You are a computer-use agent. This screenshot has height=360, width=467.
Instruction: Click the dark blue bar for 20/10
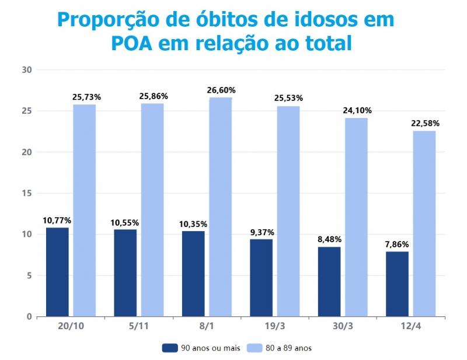click(x=57, y=272)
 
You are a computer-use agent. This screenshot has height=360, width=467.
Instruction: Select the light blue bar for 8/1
click(x=219, y=207)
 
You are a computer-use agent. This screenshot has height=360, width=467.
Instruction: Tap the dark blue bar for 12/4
click(x=397, y=284)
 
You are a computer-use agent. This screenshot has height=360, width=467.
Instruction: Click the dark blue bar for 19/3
click(x=261, y=278)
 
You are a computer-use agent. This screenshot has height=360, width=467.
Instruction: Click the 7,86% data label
click(x=398, y=244)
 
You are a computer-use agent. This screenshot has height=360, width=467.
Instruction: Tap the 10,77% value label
click(x=57, y=221)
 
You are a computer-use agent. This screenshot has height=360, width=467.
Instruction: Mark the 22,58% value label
click(x=424, y=124)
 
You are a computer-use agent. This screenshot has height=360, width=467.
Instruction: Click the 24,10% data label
click(x=356, y=111)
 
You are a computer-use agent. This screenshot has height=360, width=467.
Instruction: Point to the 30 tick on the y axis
click(x=26, y=70)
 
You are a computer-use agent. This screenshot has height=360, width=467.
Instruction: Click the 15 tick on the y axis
click(x=26, y=193)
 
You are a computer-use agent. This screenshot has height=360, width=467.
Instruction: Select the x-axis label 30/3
click(x=343, y=327)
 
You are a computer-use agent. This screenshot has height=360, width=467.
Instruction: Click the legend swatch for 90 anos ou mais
click(x=170, y=348)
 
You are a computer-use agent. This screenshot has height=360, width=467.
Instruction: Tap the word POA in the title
click(x=135, y=43)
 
